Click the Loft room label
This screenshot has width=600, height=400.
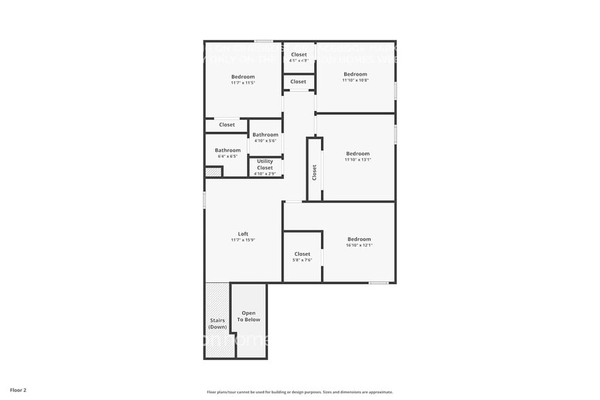243,234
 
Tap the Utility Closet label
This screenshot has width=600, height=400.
265,165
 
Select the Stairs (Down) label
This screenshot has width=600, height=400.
217,323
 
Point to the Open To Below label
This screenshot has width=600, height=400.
248,316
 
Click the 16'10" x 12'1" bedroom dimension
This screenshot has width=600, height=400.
359,245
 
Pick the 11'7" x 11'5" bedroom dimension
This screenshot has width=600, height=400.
243,83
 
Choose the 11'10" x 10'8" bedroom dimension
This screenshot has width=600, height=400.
355,80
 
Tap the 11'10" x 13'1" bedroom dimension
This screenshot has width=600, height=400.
357,160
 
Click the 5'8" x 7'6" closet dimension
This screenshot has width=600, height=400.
302,260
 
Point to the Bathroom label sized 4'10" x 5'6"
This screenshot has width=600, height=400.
265,135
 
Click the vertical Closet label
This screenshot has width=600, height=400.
314,172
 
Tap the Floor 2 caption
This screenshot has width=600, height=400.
18,390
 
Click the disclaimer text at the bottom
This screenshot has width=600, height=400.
299,392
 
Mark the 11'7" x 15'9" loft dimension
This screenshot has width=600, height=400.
243,240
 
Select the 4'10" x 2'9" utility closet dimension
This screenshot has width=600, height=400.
265,174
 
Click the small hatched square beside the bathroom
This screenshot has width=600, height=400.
214,173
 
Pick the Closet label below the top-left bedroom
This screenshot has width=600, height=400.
227,125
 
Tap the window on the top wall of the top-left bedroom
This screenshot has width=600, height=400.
264,41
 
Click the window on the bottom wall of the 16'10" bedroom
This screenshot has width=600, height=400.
378,282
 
